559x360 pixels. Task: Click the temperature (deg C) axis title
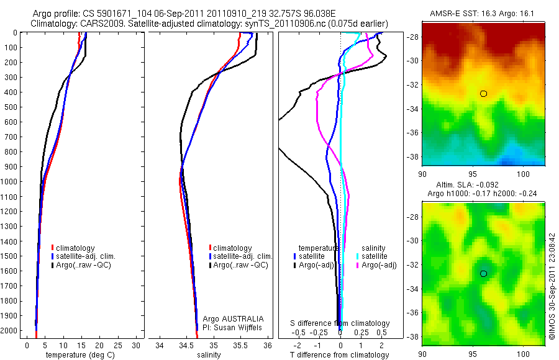coord(79,355)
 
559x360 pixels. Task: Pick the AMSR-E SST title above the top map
coord(483,14)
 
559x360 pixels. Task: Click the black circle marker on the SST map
coord(483,94)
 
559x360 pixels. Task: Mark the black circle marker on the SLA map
coord(483,273)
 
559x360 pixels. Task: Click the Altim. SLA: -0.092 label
coord(483,186)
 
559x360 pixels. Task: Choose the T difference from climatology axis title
coord(339,355)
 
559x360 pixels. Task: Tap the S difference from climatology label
coord(340,323)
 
